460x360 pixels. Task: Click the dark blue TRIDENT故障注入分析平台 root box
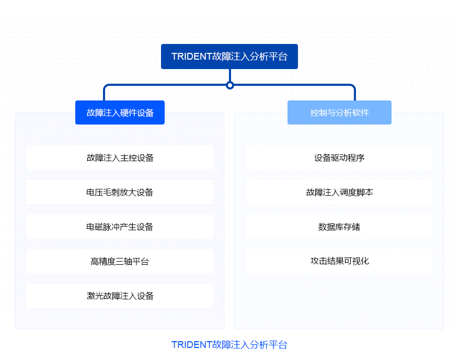tap(229, 57)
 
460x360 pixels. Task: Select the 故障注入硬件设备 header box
tap(120, 113)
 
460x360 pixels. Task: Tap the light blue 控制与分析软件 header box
tap(339, 113)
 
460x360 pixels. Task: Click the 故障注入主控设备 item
tap(120, 157)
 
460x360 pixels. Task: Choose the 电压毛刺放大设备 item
tap(120, 193)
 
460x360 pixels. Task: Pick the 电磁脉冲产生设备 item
tap(120, 227)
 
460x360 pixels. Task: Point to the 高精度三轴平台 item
tap(120, 261)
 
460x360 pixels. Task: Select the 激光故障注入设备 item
tap(120, 296)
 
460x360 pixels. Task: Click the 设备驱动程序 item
tap(339, 157)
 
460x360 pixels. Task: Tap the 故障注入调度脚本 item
tap(339, 193)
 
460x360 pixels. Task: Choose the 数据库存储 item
tap(339, 227)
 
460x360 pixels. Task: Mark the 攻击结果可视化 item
tap(339, 261)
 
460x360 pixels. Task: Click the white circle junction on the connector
tap(230, 85)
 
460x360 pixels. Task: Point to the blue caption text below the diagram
tap(229, 345)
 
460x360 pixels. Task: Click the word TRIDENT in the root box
tap(192, 57)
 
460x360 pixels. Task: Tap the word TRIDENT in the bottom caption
tap(192, 345)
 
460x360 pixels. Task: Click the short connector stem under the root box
tap(230, 75)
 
